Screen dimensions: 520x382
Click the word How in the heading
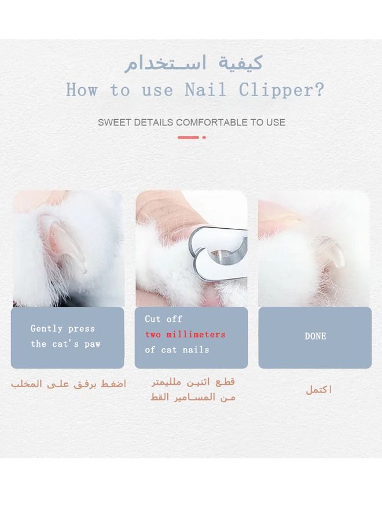point(83,90)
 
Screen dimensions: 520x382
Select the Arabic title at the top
point(194,62)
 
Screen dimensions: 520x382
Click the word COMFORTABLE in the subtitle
point(212,122)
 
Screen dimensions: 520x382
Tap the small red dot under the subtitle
point(204,138)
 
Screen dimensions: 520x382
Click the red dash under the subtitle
point(188,138)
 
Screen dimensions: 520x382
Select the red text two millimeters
point(185,335)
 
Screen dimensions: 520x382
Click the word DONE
point(315,336)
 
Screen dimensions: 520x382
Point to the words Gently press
point(63,329)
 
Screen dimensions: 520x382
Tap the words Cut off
point(163,319)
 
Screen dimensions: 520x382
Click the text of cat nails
point(177,350)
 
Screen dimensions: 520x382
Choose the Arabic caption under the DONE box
point(319,390)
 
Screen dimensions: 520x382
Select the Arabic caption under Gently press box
point(68,384)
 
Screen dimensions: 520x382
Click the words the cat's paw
point(65,344)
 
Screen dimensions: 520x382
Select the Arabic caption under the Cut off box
point(193,389)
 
